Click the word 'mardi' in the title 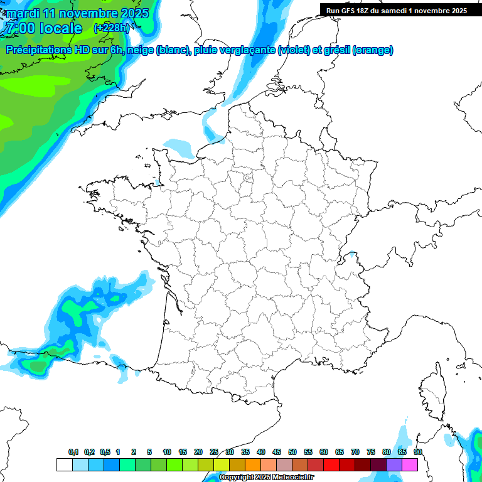[22, 13]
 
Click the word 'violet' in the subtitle [294, 50]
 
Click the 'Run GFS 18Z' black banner [400, 10]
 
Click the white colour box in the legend [64, 464]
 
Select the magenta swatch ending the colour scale [410, 464]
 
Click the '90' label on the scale [418, 452]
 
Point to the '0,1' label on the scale [73, 452]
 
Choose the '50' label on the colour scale [292, 452]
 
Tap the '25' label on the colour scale [214, 452]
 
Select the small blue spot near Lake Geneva [352, 254]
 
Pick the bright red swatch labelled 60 [331, 464]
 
